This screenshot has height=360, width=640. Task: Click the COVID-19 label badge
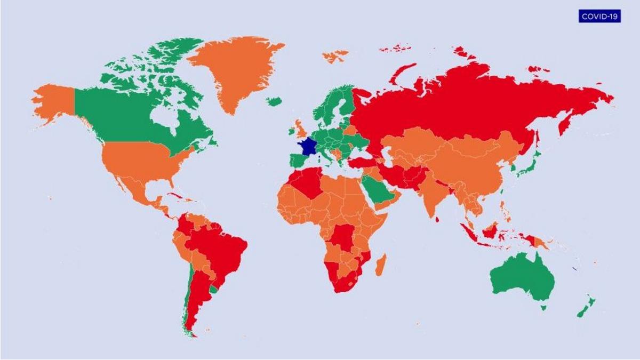[x=599, y=16]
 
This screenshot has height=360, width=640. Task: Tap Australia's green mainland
[x=520, y=277]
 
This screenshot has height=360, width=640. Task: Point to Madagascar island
[x=381, y=265]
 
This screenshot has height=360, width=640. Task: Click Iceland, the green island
[x=274, y=101]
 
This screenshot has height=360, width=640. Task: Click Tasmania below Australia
[x=543, y=307]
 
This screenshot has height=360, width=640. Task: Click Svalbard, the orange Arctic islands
[x=334, y=55]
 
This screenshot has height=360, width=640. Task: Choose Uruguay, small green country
[x=214, y=290]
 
